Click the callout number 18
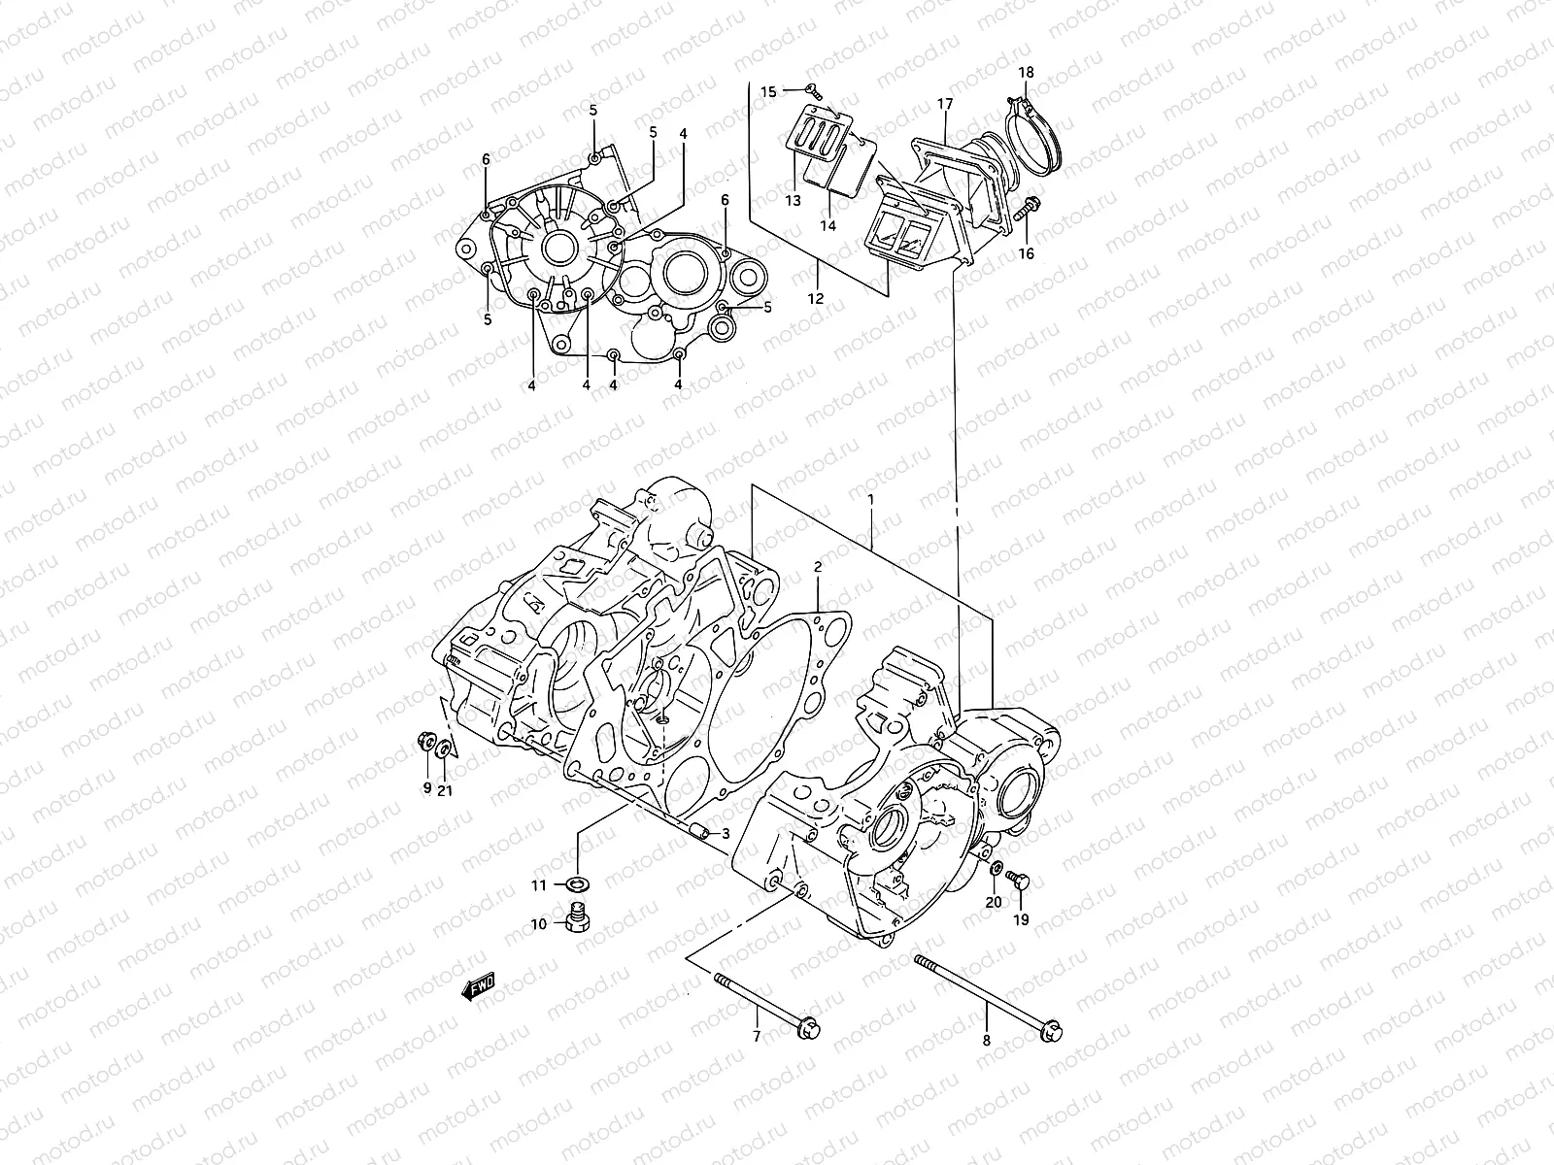coord(1026,73)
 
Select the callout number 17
coord(945,104)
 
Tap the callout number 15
coord(768,92)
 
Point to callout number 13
coord(794,201)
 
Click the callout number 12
coord(816,298)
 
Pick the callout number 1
coord(871,499)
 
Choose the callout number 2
coord(818,565)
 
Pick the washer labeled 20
coord(997,866)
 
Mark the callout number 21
coord(445,790)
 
